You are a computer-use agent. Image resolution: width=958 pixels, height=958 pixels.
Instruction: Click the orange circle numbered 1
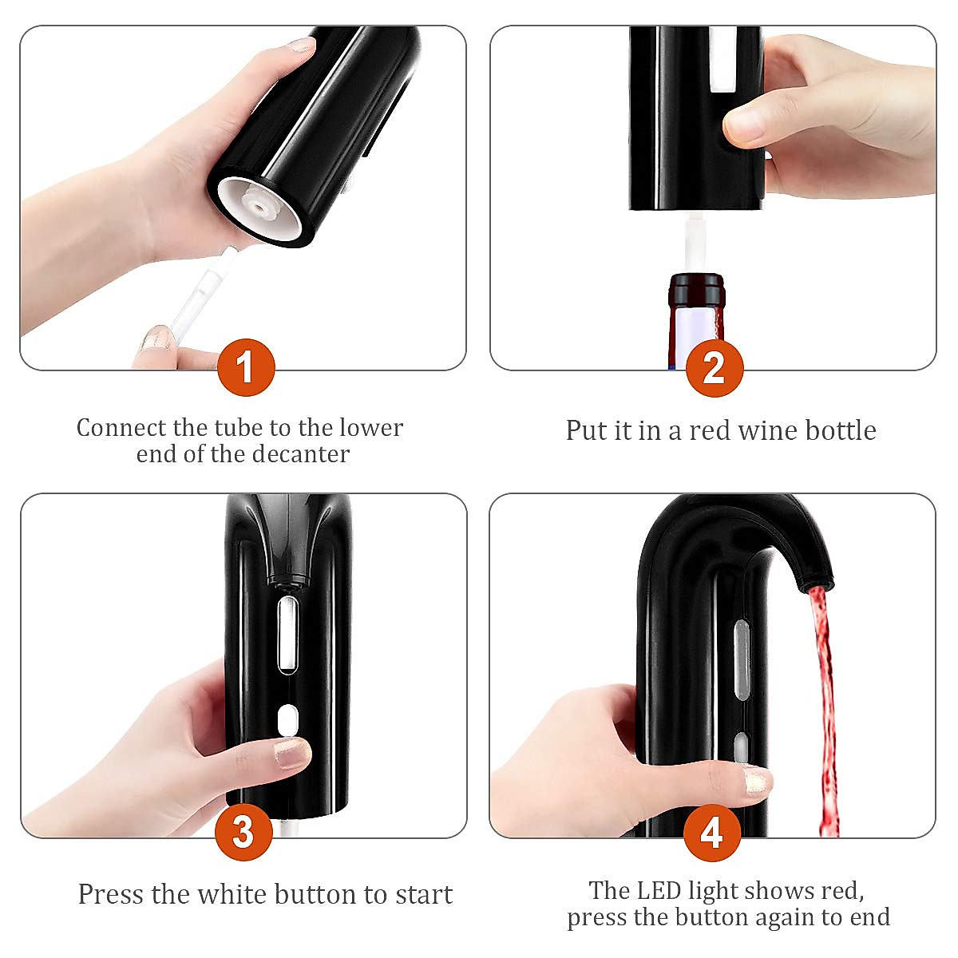246,367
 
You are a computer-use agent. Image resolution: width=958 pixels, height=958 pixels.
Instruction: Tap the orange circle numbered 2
714,367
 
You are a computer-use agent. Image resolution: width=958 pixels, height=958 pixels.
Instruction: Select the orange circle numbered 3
244,832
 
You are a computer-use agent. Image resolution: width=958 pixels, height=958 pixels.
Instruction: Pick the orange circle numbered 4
712,833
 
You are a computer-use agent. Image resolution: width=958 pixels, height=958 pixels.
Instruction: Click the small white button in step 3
287,719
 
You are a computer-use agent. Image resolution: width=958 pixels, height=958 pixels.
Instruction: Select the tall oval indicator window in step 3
287,634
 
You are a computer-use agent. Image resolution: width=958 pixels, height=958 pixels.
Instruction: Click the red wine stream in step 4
823,703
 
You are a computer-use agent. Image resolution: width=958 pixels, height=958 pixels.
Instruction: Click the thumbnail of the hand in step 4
757,780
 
